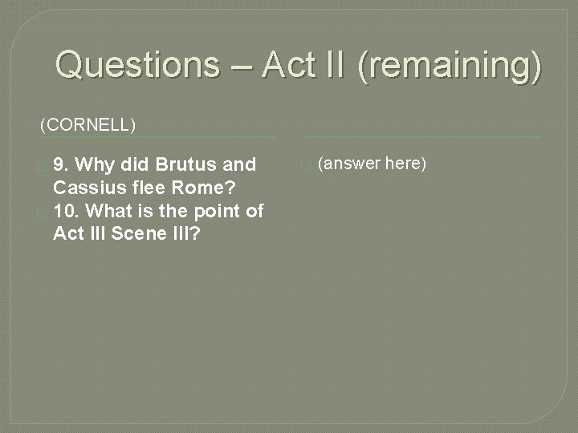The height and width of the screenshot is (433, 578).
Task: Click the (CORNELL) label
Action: coord(88,125)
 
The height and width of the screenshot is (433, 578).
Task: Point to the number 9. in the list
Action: coord(63,164)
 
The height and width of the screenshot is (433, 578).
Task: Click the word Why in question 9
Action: coord(96,164)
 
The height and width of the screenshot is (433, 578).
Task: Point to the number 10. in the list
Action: coord(67,211)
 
